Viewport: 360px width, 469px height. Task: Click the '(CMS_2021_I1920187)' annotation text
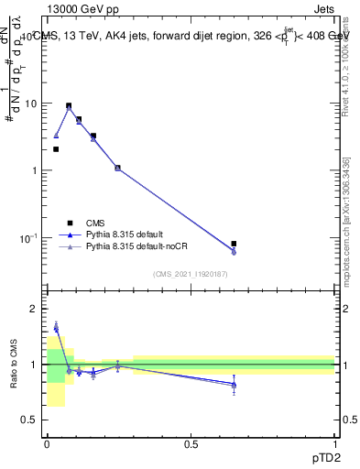click(191, 273)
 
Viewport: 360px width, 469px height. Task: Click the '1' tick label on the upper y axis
click(33, 170)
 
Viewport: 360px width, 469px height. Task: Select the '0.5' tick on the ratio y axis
click(29, 420)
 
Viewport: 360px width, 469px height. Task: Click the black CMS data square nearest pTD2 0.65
click(234, 244)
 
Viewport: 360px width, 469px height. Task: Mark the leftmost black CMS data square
click(56, 149)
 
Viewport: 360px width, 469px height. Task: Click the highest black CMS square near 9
click(69, 105)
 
